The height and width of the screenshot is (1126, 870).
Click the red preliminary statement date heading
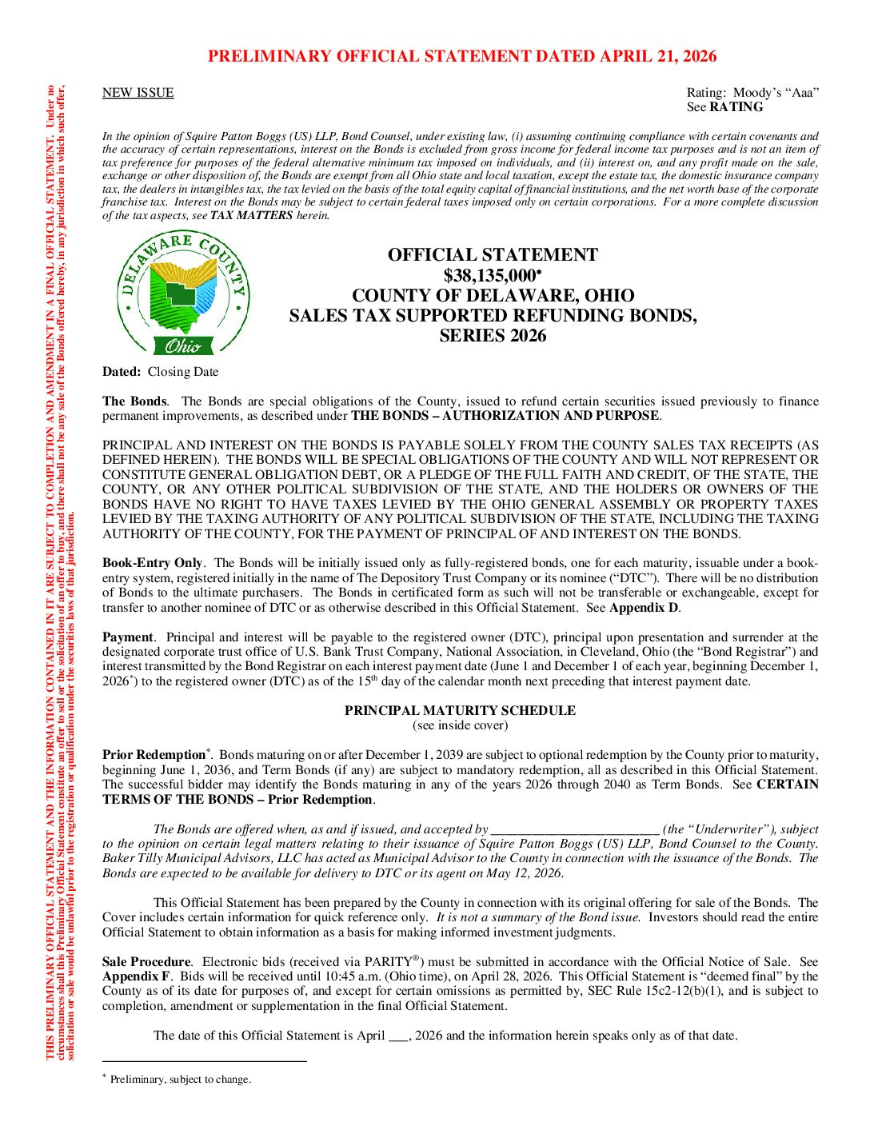pos(462,56)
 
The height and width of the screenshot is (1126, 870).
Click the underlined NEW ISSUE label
pos(138,93)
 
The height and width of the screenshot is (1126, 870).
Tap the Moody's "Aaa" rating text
pos(752,93)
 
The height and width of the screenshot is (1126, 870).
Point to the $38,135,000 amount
pos(490,276)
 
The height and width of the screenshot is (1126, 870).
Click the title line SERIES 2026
pos(493,336)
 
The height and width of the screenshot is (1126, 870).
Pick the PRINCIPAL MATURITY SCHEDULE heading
pos(460,710)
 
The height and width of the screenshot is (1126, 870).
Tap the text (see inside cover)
pos(460,725)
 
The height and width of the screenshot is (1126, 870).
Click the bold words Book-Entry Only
pos(152,563)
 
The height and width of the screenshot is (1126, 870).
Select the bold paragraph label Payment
pos(127,637)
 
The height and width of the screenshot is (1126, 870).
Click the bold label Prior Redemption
pos(154,755)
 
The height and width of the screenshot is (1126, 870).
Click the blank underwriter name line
pos(575,830)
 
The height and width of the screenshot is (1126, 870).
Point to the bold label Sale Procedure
pos(146,962)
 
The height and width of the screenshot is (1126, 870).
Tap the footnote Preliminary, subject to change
pos(180,1080)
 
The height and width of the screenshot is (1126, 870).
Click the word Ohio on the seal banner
pos(183,346)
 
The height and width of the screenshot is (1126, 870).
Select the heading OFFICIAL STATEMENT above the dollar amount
pos(493,255)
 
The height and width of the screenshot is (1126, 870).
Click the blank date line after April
pos(398,1036)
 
